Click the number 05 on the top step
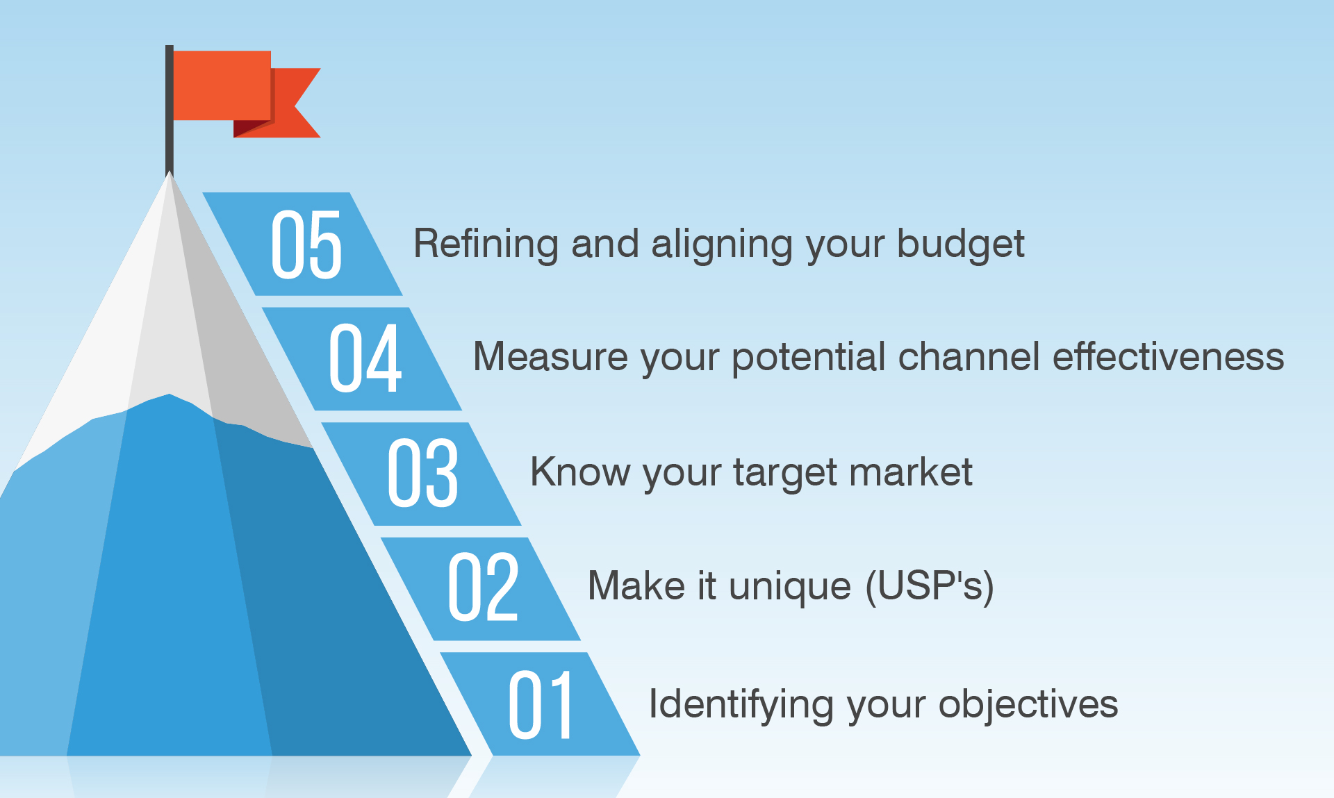click(x=306, y=244)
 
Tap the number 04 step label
click(x=365, y=358)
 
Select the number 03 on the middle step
click(x=423, y=473)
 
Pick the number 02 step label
click(x=483, y=587)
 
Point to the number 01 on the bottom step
click(x=541, y=705)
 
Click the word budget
click(x=960, y=244)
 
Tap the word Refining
click(x=486, y=244)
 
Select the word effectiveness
click(x=1168, y=357)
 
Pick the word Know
click(x=579, y=472)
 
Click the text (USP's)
click(x=930, y=585)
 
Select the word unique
click(x=789, y=585)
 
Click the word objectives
click(x=1028, y=704)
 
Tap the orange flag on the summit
click(x=222, y=85)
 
